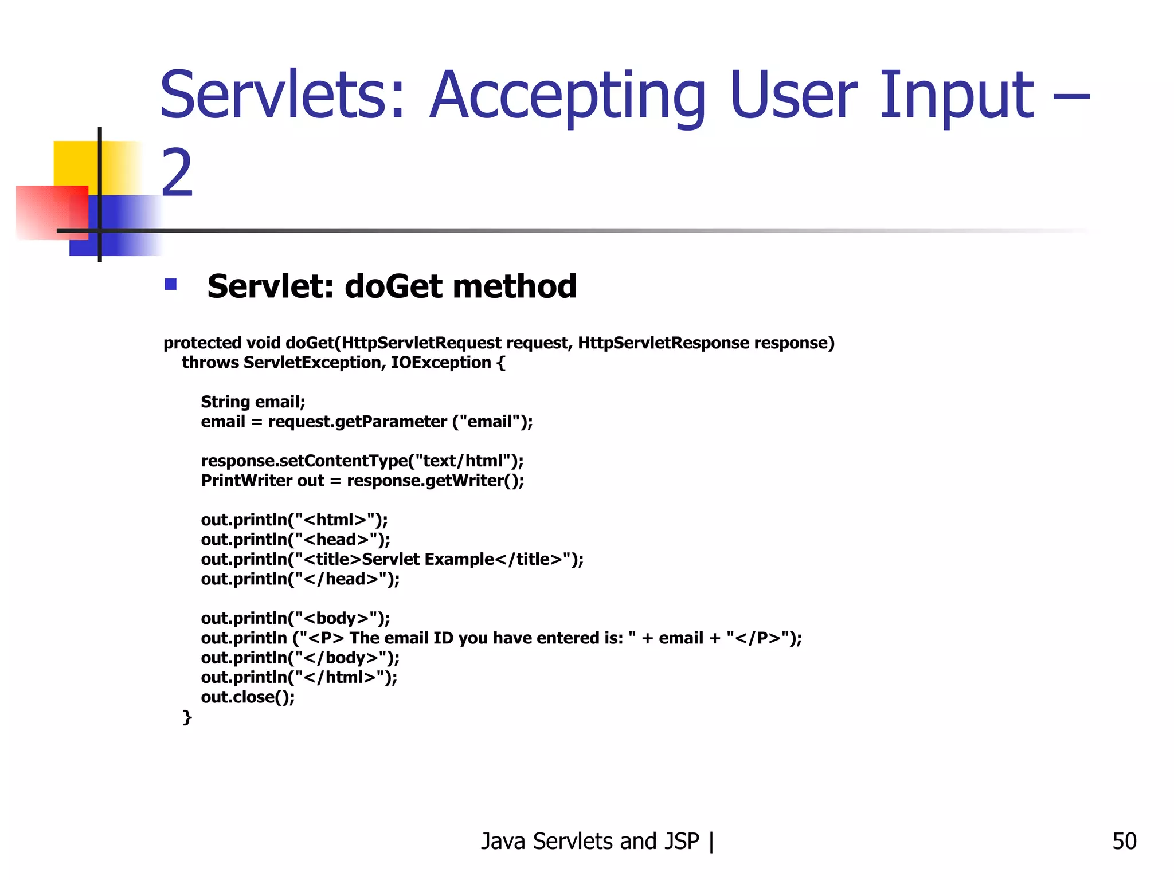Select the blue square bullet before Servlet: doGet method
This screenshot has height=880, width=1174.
coord(170,285)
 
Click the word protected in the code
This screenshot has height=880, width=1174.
coord(202,343)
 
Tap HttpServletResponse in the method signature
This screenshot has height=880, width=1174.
coord(663,343)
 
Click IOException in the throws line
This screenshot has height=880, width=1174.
coord(440,363)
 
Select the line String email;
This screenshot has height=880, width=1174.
coord(253,402)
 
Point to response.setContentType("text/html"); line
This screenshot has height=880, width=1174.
coord(362,461)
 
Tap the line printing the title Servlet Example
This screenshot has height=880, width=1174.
coord(392,560)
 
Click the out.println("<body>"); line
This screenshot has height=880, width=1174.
coord(295,619)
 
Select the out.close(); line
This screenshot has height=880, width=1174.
coord(248,697)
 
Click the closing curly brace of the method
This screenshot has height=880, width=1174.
coord(187,717)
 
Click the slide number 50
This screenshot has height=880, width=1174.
coord(1124,842)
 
